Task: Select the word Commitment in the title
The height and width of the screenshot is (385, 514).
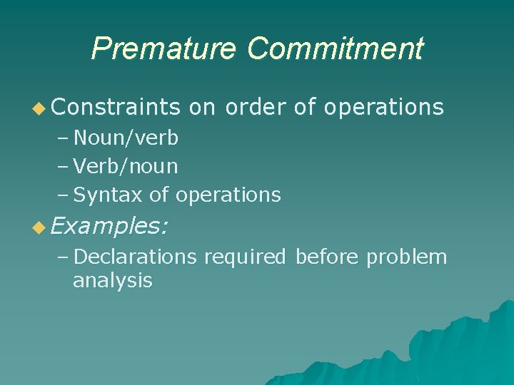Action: (x=335, y=49)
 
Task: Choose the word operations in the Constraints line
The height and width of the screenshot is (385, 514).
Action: (x=383, y=107)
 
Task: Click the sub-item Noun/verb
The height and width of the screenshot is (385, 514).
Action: (x=126, y=138)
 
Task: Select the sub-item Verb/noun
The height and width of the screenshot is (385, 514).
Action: (x=126, y=166)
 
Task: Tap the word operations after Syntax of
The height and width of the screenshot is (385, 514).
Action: (x=228, y=195)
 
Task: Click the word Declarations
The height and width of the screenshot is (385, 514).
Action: (x=135, y=257)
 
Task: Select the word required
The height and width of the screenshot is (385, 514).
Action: (x=245, y=257)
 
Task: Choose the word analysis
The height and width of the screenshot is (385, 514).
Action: (x=112, y=281)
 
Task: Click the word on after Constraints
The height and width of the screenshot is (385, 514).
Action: (x=203, y=107)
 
